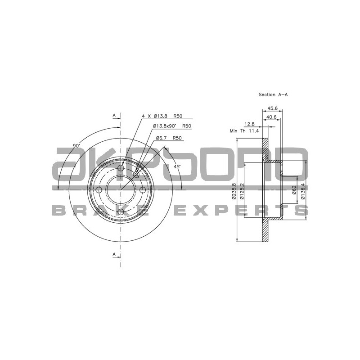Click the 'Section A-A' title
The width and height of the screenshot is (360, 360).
(273, 94)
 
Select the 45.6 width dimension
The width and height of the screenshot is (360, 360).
(273, 108)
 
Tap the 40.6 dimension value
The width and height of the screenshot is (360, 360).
(271, 117)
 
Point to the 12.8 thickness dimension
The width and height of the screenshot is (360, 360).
(249, 124)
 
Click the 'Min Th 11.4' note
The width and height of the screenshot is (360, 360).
(244, 131)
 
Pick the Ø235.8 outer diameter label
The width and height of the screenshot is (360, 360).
(234, 191)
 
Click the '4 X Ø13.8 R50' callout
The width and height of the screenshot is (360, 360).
(162, 116)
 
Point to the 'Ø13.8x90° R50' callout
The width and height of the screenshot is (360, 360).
(172, 126)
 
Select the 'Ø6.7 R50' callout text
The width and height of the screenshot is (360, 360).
(168, 138)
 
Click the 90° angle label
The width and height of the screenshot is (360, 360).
(76, 145)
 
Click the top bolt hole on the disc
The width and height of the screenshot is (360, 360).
(121, 168)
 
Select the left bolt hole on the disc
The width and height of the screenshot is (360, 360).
(99, 190)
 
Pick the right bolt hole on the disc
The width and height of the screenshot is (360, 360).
(143, 190)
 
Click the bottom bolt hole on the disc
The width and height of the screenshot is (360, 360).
(121, 212)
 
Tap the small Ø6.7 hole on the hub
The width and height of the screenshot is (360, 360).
(136, 175)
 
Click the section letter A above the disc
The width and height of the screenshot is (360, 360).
(114, 116)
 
